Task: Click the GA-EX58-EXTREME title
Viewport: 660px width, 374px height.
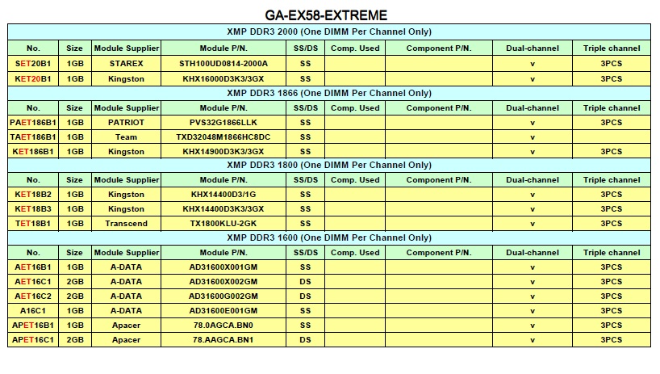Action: [x=326, y=15]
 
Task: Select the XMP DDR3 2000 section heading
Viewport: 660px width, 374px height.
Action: [x=328, y=32]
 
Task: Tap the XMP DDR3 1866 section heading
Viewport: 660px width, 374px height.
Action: [x=328, y=93]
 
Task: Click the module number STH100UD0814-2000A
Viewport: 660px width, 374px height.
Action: [x=223, y=63]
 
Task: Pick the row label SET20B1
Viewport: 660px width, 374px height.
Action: [x=33, y=63]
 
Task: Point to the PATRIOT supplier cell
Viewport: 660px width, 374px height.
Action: [x=126, y=123]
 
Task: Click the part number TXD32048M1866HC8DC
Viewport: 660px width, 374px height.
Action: [x=223, y=137]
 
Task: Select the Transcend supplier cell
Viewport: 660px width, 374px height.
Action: [x=126, y=224]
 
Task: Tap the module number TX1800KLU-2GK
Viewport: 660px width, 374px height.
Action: [x=223, y=224]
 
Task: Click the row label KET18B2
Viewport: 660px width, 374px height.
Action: [x=33, y=195]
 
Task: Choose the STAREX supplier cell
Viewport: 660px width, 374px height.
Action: [x=126, y=63]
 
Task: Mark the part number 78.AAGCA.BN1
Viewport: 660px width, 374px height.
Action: [x=223, y=340]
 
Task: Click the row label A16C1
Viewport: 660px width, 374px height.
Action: [x=33, y=311]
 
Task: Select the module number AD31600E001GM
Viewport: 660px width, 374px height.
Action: [x=223, y=311]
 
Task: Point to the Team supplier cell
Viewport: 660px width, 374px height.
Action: [x=126, y=137]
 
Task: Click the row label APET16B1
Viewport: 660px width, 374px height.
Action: [x=33, y=326]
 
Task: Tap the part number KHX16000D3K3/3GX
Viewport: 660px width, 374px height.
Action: [x=223, y=79]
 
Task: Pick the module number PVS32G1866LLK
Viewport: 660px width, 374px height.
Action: [x=223, y=123]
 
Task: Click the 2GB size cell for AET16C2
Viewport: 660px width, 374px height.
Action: [x=75, y=296]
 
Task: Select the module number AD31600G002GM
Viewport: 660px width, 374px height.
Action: [x=223, y=296]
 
